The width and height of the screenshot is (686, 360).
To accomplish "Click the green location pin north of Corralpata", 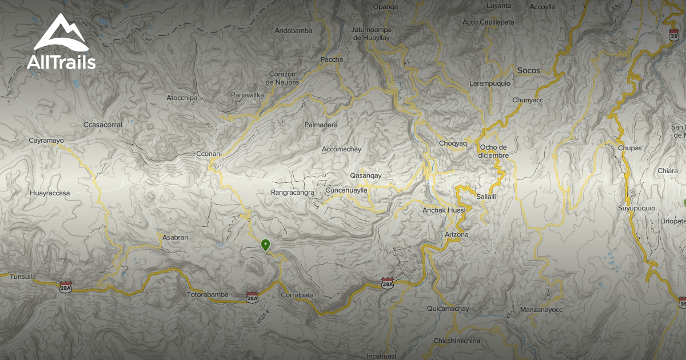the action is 265,245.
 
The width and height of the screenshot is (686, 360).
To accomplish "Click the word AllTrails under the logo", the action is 61,62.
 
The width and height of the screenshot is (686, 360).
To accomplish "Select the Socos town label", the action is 528,71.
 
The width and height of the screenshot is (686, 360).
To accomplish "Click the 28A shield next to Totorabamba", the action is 252,297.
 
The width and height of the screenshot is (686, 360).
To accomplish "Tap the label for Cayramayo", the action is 46,140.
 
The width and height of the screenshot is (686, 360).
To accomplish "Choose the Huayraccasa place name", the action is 50,193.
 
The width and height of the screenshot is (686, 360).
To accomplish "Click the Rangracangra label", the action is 293,193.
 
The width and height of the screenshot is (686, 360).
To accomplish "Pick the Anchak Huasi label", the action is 444,210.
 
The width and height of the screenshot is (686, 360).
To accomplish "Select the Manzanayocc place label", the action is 541,310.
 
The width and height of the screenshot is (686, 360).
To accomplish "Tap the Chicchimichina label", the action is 457,341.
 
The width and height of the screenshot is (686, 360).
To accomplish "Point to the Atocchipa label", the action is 182,98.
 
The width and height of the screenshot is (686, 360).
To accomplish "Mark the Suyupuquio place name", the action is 636,208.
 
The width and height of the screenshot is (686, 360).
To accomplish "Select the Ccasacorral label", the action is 103,125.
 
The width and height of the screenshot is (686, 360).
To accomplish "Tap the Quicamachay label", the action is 448,309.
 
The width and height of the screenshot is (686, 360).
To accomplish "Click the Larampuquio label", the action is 490,83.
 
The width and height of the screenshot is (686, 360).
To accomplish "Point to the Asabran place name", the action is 175,237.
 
